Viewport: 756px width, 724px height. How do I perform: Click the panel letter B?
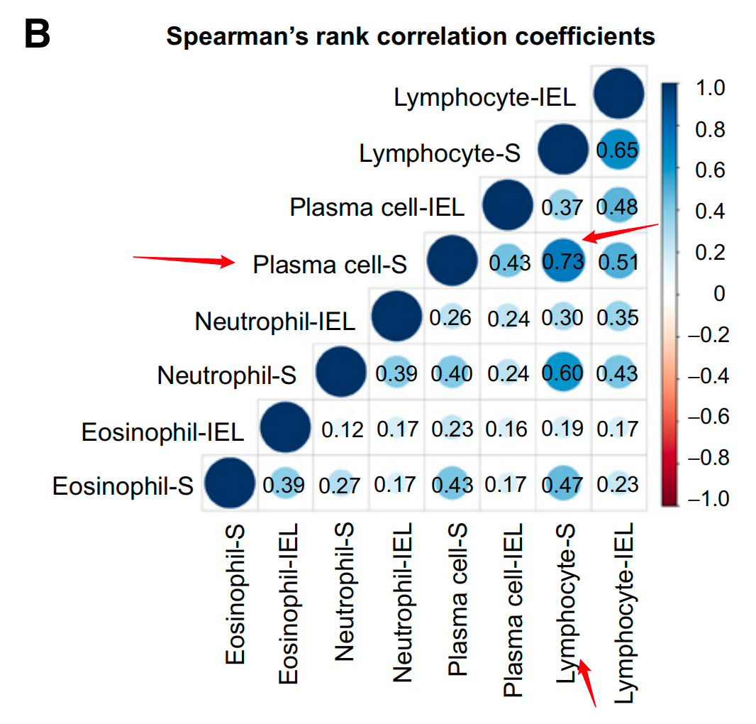pos(37,33)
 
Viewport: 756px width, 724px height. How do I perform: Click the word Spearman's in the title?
pos(226,35)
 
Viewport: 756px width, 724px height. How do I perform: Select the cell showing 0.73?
pos(562,261)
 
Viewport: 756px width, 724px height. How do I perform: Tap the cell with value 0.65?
pos(618,150)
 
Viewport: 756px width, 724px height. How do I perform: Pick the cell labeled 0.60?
pos(562,373)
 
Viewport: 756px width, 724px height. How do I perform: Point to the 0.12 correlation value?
pos(342,429)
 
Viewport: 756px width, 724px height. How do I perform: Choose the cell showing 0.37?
pos(562,206)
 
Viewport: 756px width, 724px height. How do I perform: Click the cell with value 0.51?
pos(618,261)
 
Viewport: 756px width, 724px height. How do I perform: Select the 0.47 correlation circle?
pos(562,484)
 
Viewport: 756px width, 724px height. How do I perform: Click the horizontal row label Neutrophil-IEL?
pos(275,321)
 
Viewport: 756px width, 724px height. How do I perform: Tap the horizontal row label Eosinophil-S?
pos(123,487)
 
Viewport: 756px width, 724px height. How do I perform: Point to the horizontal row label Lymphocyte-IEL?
pos(485,97)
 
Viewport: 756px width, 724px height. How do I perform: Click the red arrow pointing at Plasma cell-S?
pos(184,260)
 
